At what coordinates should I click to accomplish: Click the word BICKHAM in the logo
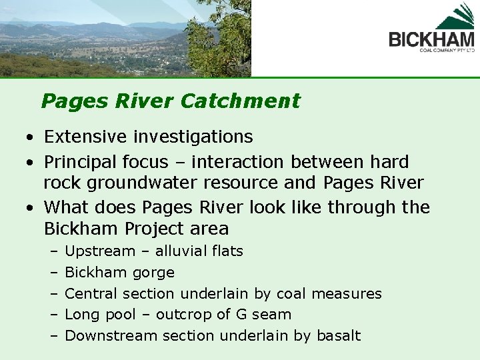coord(431,38)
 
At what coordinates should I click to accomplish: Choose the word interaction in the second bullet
coord(209,162)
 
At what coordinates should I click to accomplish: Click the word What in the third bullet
coord(64,207)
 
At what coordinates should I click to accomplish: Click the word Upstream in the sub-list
coord(99,251)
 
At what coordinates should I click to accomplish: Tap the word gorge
coord(153,273)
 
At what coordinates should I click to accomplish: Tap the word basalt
coord(338,335)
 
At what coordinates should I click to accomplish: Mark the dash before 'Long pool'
coord(53,315)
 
